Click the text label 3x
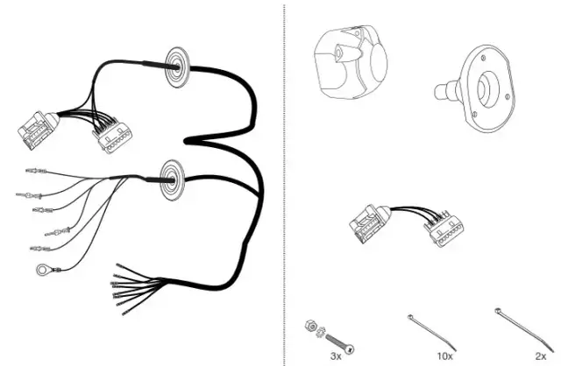[335, 357]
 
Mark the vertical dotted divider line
[285, 175]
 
